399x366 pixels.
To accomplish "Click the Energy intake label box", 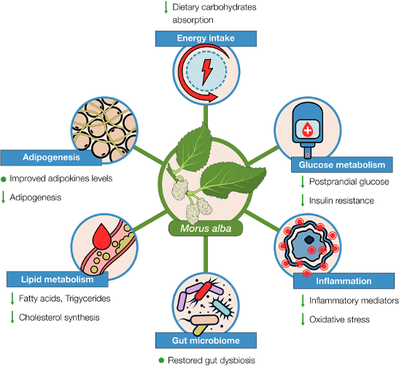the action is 206,39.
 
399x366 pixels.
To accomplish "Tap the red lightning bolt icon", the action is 206,72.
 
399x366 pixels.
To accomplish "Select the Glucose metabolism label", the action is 342,165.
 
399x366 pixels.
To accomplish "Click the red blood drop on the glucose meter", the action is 307,129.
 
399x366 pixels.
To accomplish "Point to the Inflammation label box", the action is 344,281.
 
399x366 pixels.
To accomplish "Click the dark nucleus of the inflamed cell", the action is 309,239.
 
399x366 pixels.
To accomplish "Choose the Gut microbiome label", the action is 206,340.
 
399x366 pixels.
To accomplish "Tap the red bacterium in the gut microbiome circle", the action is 203,291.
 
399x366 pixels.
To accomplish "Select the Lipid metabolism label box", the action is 57,279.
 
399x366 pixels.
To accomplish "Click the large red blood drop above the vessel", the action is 102,236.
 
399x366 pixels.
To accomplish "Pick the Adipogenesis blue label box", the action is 51,157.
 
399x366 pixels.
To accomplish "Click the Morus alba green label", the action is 206,228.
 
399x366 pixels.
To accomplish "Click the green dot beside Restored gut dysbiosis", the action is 161,360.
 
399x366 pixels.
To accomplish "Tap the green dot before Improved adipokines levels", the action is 4,179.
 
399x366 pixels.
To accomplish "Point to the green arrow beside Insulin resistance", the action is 303,200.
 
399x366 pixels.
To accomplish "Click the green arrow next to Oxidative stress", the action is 303,319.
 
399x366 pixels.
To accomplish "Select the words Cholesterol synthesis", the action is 59,317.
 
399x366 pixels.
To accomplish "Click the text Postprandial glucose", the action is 349,182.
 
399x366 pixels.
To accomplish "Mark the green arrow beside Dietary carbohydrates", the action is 166,7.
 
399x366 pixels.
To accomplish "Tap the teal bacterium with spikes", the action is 221,307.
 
